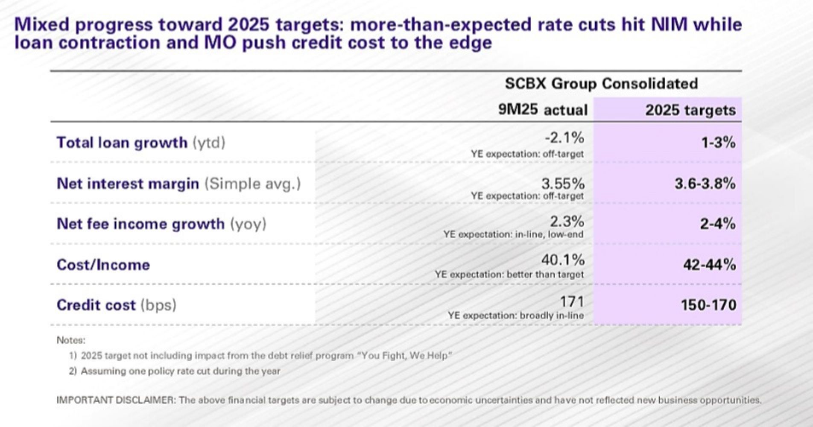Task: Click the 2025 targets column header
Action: click(690, 110)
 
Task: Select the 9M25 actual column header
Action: click(543, 110)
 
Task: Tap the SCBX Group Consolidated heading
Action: click(601, 83)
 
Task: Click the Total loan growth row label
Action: click(141, 143)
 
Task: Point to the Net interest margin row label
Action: click(178, 184)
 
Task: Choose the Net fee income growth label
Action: click(161, 224)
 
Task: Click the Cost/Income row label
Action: click(103, 265)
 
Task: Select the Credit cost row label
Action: click(116, 305)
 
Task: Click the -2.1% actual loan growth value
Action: click(564, 138)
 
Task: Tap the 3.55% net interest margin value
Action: click(563, 184)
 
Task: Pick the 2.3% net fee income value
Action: click(567, 222)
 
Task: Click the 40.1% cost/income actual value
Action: click(563, 260)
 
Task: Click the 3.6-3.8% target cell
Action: click(705, 184)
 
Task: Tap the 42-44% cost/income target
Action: click(709, 265)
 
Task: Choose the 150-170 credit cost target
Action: click(708, 305)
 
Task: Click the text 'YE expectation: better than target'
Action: click(509, 274)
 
